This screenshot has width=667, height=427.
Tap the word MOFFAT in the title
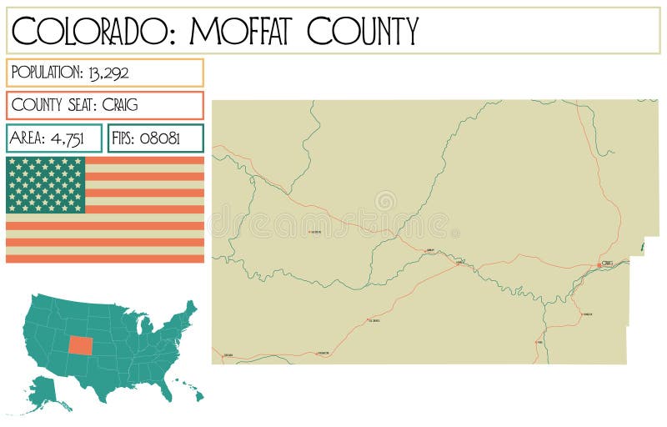[x=242, y=31]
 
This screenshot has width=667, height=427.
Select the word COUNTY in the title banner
[x=363, y=31]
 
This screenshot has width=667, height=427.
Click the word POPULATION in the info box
[x=47, y=73]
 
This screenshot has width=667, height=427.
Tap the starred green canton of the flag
[x=46, y=184]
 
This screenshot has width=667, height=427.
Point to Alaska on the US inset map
[x=46, y=392]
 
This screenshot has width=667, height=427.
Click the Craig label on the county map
[x=608, y=263]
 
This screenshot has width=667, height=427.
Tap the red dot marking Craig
[x=599, y=265]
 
